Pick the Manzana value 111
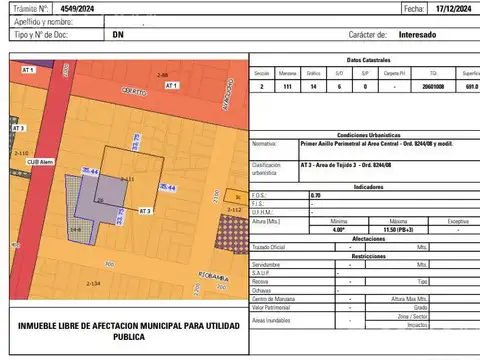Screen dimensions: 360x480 pos(287,87)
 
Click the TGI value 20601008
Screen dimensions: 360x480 pos(433,87)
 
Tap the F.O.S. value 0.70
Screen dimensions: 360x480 pos(316,194)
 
